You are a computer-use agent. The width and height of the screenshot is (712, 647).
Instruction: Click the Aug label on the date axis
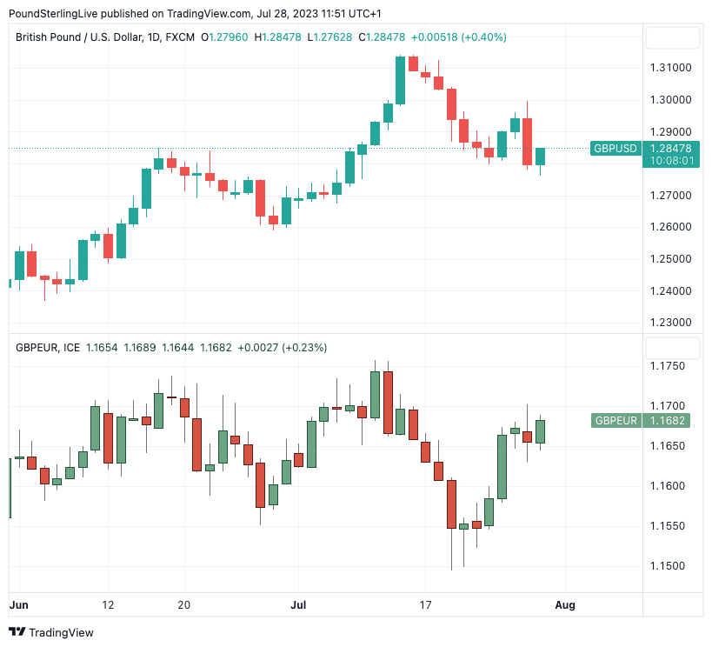tap(565, 604)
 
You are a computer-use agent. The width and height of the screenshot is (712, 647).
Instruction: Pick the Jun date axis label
tap(18, 604)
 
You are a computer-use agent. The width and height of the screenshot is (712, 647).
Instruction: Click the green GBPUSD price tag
tap(616, 148)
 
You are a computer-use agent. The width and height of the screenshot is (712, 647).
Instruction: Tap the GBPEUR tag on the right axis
tap(616, 421)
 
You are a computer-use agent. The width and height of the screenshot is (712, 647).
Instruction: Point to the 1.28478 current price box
tap(671, 148)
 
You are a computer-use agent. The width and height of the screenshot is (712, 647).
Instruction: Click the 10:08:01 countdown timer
tap(671, 161)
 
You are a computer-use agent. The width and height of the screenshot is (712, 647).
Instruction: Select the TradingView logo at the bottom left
tap(51, 632)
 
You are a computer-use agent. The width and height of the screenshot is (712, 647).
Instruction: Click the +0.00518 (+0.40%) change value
tap(458, 37)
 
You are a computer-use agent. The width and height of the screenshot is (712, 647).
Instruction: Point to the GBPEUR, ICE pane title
tap(48, 348)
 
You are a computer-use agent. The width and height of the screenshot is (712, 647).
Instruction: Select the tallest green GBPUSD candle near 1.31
tap(400, 80)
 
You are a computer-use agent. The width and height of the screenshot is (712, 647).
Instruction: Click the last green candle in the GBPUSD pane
tap(540, 157)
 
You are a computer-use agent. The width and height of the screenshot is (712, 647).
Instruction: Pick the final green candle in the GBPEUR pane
tap(540, 431)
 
